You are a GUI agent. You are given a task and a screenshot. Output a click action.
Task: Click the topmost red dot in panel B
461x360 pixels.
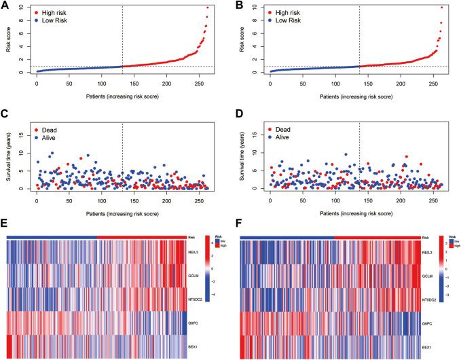441,7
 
